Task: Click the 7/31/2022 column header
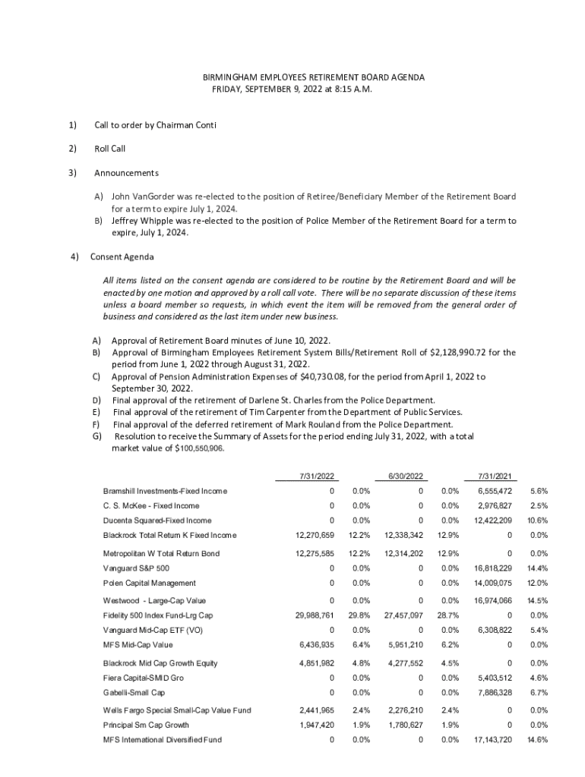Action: tap(317, 476)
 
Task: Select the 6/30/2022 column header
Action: tap(405, 476)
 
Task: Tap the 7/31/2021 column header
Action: tap(497, 476)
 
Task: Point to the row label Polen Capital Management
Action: tap(149, 583)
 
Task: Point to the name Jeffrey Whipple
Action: tap(144, 221)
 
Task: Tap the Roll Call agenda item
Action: tap(109, 148)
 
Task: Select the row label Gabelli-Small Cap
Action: tap(134, 693)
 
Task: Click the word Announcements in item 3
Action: tap(126, 172)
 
